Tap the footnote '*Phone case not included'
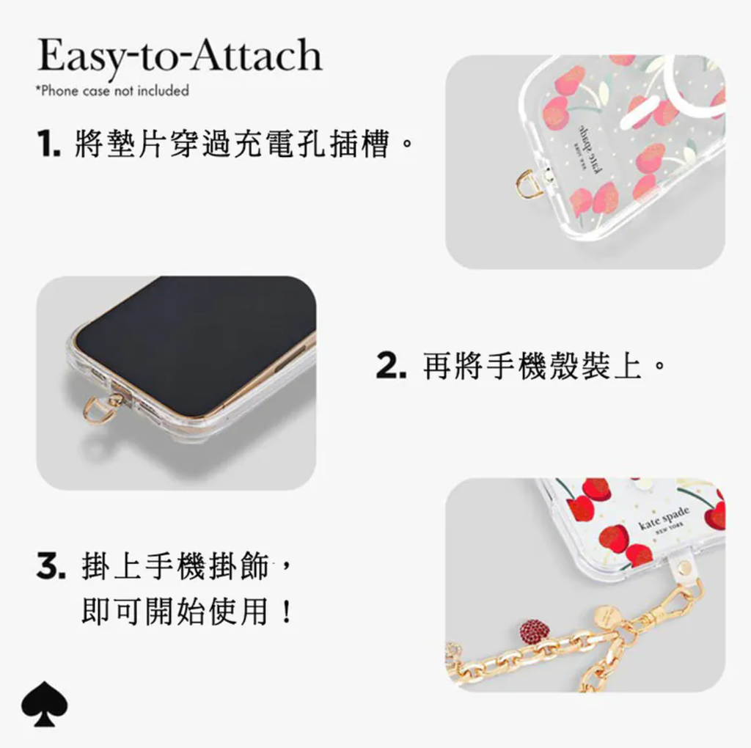click(112, 90)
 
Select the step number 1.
click(48, 144)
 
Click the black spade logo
click(45, 703)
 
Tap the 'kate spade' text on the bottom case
click(664, 518)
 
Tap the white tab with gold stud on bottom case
click(684, 568)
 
